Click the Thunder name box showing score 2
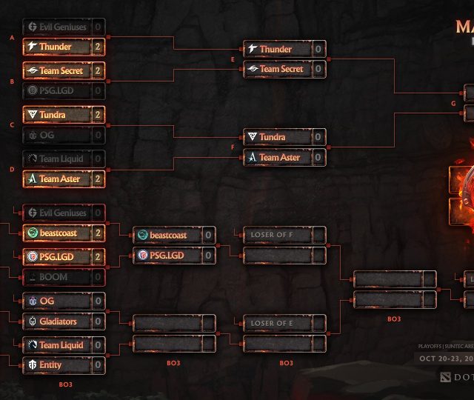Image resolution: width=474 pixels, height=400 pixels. coord(56,47)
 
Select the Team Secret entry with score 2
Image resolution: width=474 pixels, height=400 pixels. coord(56,71)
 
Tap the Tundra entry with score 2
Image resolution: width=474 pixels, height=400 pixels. coord(56,116)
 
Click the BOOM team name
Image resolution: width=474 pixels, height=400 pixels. coord(53,277)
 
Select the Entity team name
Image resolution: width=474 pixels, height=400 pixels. coord(50,365)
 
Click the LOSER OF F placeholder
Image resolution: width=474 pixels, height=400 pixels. coord(273,236)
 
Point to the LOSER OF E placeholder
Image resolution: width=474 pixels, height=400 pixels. coord(273,324)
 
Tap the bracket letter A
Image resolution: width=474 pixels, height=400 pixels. coord(12,36)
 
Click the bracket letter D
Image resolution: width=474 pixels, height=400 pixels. coord(12,169)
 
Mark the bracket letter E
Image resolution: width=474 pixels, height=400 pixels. coord(233,59)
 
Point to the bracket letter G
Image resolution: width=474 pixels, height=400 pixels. coord(454,104)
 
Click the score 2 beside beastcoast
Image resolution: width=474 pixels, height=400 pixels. coord(98,233)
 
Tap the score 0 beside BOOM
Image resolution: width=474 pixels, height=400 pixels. coord(98,277)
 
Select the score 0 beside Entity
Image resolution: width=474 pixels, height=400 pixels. coord(98,365)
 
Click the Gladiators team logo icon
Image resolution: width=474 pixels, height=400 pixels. coord(32,321)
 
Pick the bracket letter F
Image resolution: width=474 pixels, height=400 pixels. coord(233,147)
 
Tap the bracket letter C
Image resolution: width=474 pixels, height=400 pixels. coord(12,125)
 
